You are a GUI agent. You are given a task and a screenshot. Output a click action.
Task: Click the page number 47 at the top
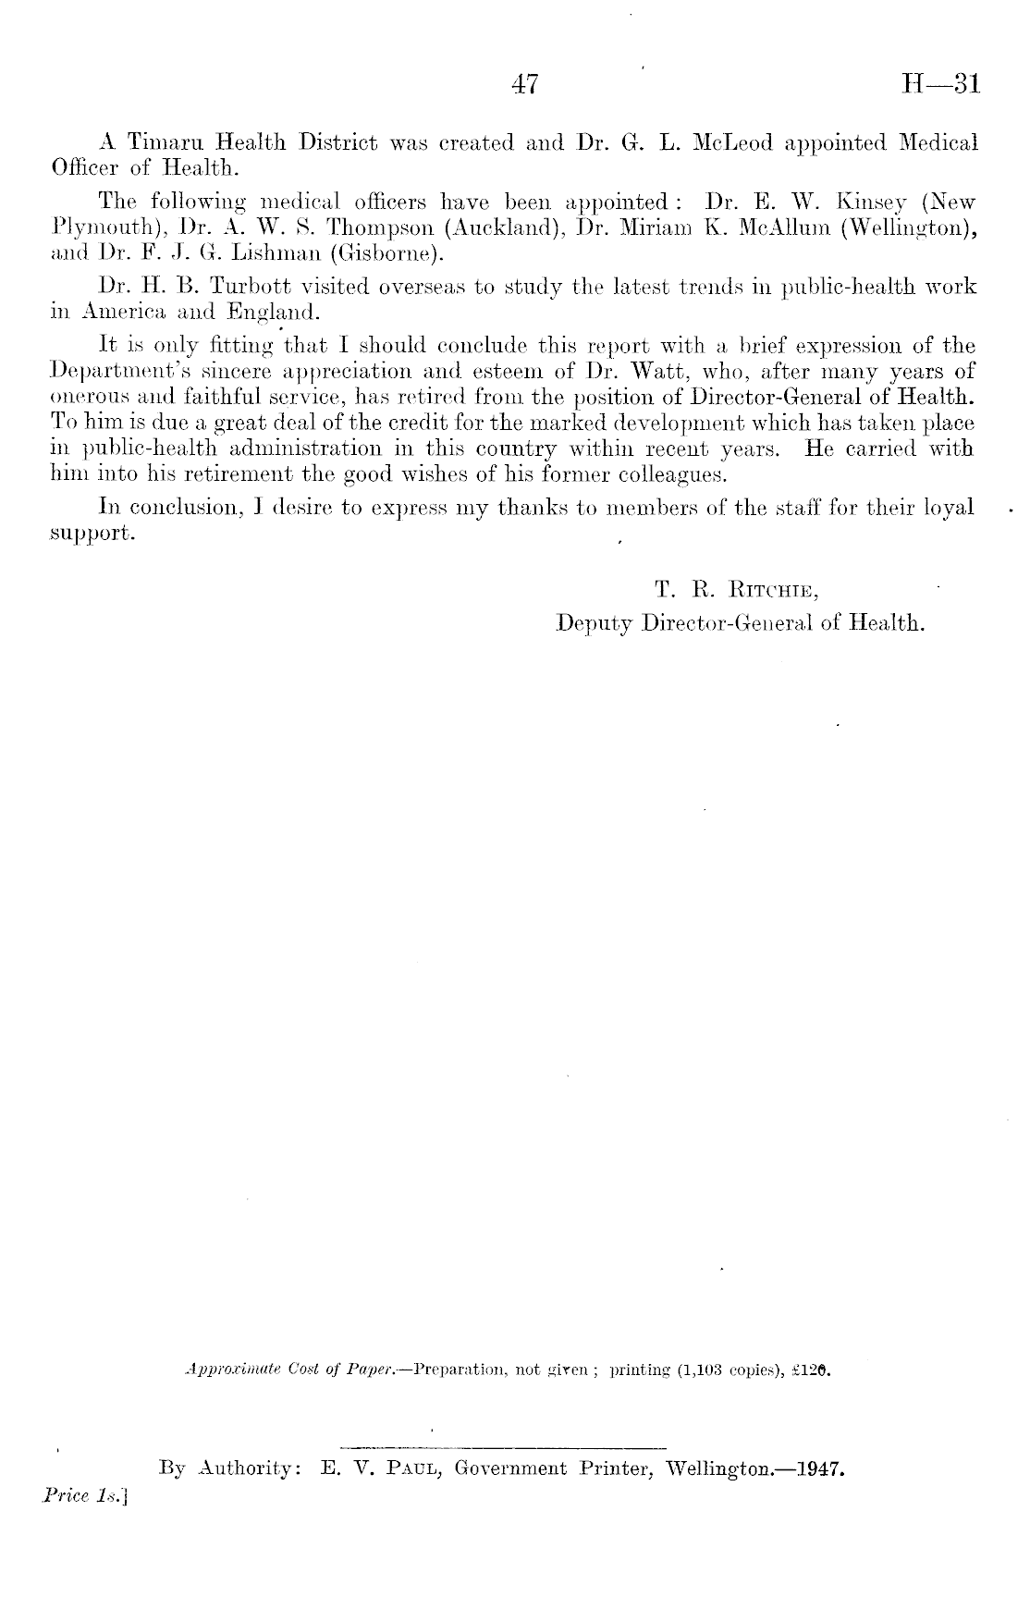[524, 85]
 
